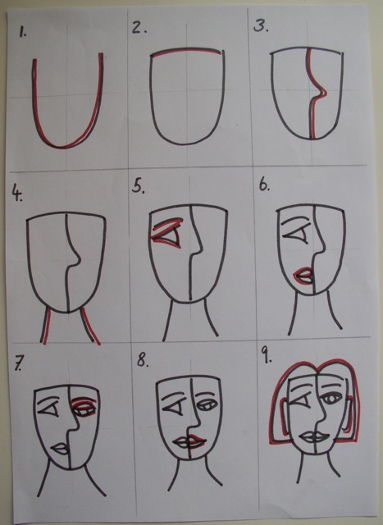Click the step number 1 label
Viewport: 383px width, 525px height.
[22, 33]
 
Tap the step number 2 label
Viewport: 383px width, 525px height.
[139, 27]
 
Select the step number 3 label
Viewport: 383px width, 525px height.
[261, 25]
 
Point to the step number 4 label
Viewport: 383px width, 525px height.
[17, 194]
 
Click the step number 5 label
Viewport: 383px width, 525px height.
[139, 186]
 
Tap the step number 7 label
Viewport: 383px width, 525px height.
[18, 363]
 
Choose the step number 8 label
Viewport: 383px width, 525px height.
[143, 361]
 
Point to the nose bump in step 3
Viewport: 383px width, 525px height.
[320, 93]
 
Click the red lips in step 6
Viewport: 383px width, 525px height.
[303, 276]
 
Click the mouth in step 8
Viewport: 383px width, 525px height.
[189, 442]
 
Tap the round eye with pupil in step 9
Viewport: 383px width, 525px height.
[331, 399]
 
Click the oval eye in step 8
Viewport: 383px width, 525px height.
[207, 405]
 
